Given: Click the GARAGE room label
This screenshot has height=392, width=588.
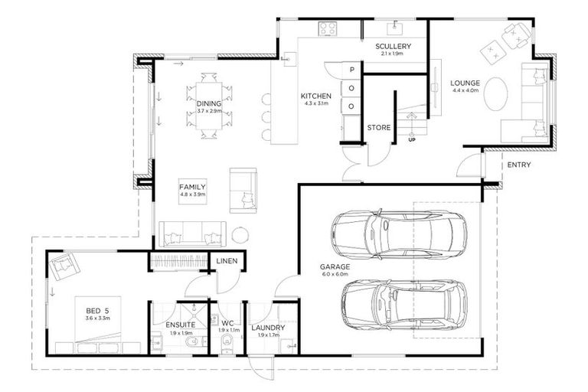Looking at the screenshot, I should [334, 267].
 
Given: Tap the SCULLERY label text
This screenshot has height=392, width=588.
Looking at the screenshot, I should [394, 47].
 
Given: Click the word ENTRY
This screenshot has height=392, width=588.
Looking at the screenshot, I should [518, 165].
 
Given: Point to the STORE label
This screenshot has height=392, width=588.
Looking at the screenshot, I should [379, 127].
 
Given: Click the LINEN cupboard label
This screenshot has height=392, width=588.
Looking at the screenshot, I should [227, 261].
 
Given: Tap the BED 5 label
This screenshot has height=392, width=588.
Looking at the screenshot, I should [97, 310].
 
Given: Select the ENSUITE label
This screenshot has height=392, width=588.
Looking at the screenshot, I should [181, 325].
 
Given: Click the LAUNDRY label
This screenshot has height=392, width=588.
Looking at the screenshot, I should [268, 328].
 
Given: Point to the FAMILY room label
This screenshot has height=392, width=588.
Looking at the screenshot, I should [192, 187].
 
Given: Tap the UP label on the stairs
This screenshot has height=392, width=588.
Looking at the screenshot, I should [412, 140].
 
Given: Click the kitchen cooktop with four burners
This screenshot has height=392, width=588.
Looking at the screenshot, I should [329, 29].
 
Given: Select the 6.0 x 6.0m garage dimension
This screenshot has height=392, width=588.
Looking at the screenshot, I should [334, 274].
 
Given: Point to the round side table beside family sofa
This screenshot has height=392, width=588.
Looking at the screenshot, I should [240, 235].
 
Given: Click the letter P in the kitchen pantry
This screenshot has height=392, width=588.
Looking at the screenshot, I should [351, 70].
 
